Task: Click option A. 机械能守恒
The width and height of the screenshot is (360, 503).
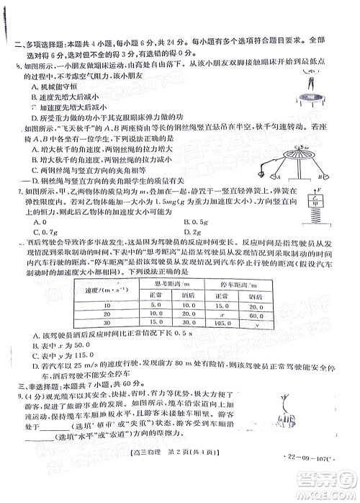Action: click(x=50, y=86)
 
